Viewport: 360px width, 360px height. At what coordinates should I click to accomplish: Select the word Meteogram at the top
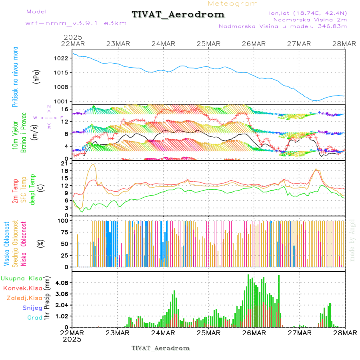coord(233,4)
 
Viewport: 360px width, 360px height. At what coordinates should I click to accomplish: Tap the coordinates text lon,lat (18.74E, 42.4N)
coord(308,13)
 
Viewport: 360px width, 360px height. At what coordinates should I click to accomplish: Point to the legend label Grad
coord(34,318)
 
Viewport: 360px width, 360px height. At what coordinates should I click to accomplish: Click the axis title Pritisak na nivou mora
coord(15,79)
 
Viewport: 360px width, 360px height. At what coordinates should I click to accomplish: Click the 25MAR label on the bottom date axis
coord(208,333)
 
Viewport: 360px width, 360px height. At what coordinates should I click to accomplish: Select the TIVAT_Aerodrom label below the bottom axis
coord(160,348)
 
